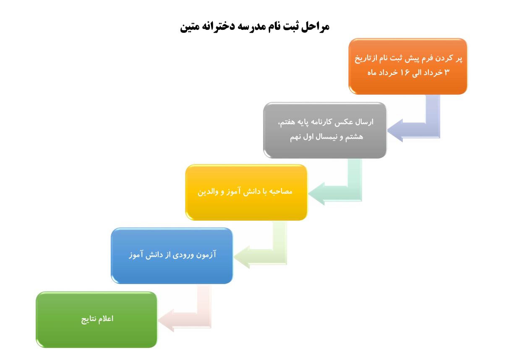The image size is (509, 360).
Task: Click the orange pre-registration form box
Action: tap(408, 66)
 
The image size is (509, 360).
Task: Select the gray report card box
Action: tap(325, 130)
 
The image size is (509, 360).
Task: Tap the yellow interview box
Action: tap(246, 192)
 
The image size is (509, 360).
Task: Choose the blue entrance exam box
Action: tap(172, 256)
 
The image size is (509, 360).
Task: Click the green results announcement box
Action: tap(97, 320)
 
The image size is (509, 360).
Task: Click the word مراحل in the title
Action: tap(315, 27)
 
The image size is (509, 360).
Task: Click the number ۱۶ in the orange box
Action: tap(405, 73)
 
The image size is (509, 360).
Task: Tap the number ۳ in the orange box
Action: tap(447, 73)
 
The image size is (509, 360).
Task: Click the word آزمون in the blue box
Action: tap(206, 255)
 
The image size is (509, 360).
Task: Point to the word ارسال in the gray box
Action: tap(365, 122)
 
